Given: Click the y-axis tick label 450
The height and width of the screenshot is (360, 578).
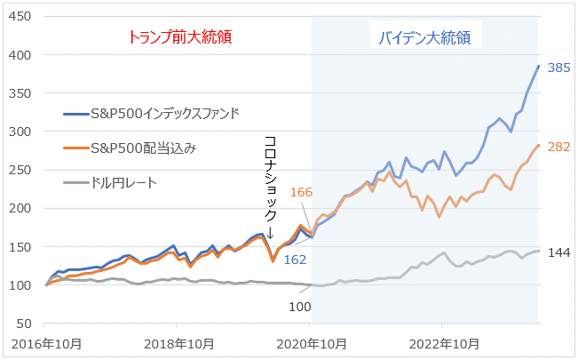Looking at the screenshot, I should pyautogui.click(x=22, y=17).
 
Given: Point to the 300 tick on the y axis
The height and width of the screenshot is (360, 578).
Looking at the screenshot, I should pyautogui.click(x=22, y=132).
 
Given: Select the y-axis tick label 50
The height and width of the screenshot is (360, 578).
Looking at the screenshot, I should pyautogui.click(x=26, y=324).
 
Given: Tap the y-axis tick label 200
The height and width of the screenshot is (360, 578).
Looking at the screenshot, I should pyautogui.click(x=22, y=209).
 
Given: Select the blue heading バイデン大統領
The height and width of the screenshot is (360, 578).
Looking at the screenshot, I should pyautogui.click(x=424, y=38).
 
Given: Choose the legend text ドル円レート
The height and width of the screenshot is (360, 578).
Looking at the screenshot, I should pyautogui.click(x=124, y=183).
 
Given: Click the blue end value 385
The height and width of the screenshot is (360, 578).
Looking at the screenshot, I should pyautogui.click(x=558, y=68).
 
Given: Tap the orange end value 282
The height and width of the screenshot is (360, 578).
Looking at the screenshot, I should pyautogui.click(x=558, y=147).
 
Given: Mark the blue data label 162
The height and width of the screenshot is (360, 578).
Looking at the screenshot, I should pyautogui.click(x=296, y=260).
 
